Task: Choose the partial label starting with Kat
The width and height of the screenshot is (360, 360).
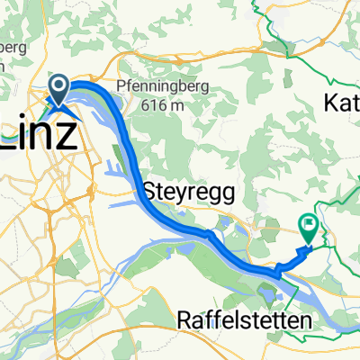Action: tap(340, 104)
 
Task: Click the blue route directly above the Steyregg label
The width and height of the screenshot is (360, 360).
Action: tap(148, 171)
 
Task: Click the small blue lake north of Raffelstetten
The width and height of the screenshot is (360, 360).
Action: tap(268, 290)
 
